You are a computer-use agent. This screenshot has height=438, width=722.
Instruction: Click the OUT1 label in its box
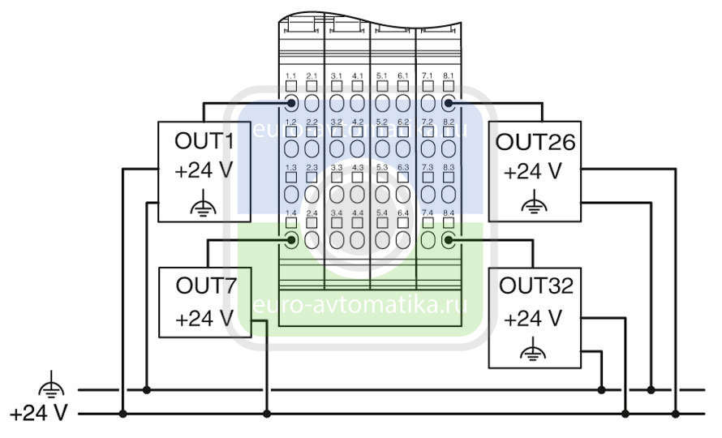[x=204, y=141]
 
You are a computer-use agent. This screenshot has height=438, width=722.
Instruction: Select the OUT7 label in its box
[x=204, y=286]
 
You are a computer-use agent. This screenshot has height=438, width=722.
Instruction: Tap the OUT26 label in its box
[x=535, y=143]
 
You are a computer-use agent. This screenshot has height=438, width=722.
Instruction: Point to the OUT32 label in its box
[x=535, y=286]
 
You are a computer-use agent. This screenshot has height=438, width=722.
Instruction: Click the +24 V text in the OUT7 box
[x=204, y=319]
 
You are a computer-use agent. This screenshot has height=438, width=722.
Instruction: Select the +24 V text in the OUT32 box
[x=532, y=319]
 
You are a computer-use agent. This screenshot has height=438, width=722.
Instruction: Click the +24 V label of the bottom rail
[x=38, y=414]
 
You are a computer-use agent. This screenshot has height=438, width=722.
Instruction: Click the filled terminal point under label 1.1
[x=291, y=103]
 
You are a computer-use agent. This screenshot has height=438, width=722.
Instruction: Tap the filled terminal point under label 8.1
[x=448, y=103]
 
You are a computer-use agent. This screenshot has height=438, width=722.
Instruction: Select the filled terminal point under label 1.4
[x=291, y=239]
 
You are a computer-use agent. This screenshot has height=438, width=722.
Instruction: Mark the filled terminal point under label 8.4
[x=448, y=239]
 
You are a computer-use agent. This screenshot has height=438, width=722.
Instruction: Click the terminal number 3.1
[x=337, y=75]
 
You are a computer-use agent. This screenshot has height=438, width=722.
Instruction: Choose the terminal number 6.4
[x=403, y=213]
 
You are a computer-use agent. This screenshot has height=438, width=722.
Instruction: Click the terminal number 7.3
[x=428, y=167]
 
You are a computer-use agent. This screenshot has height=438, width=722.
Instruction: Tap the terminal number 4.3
[x=358, y=167]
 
